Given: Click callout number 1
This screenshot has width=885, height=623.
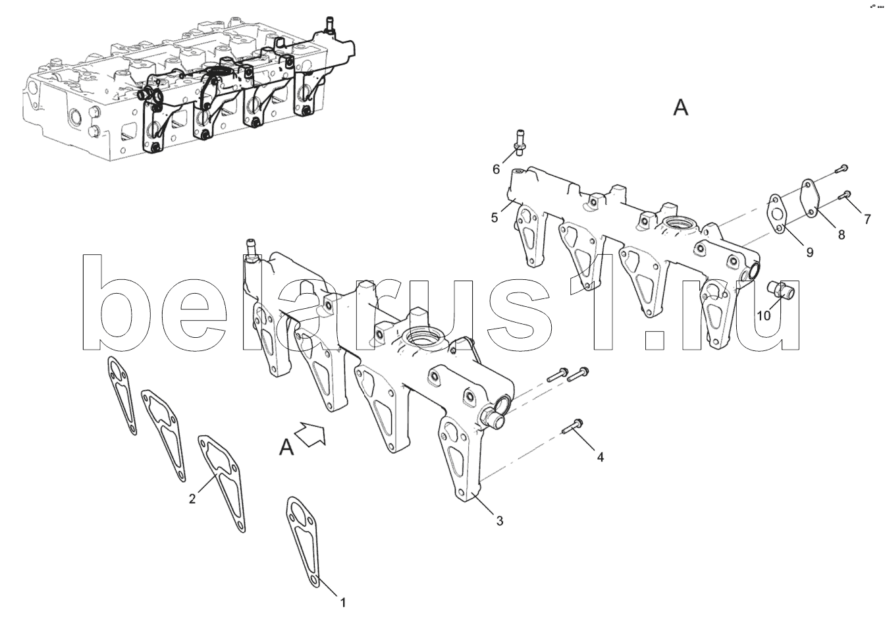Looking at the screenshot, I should [342, 601].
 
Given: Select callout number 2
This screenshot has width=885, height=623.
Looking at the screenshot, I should [192, 499].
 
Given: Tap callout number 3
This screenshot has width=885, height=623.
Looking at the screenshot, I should [499, 522].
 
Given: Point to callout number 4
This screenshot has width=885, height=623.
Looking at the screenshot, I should [600, 456].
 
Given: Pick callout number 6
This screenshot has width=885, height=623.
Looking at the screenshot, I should [496, 169].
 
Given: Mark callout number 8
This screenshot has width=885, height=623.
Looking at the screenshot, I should [841, 234].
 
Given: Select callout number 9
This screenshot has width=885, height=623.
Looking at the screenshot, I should [809, 252].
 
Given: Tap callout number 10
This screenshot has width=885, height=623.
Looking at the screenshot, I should [763, 315].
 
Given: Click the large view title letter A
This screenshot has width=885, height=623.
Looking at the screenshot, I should [680, 108].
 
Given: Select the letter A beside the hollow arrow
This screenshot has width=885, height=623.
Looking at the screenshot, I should [286, 447].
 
